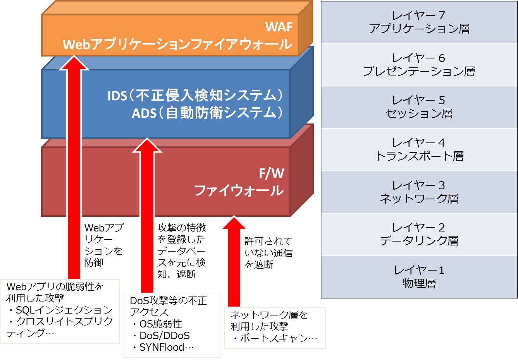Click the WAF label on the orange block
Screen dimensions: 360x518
pyautogui.click(x=279, y=27)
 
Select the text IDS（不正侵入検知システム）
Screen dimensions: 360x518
pyautogui.click(x=195, y=95)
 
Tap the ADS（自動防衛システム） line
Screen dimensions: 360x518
pyautogui.click(x=207, y=113)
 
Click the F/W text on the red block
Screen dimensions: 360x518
pyautogui.click(x=271, y=173)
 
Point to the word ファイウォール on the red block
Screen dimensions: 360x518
pyautogui.click(x=239, y=190)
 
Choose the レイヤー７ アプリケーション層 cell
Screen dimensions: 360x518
pyautogui.click(x=419, y=22)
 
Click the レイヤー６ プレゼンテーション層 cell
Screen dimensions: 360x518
pyautogui.click(x=419, y=65)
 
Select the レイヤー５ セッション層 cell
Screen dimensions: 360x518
pyautogui.click(x=419, y=107)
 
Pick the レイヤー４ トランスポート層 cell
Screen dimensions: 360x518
pyautogui.click(x=419, y=149)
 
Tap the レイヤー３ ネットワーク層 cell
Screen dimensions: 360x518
pyautogui.click(x=419, y=192)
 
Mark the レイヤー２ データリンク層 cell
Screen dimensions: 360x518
pyautogui.click(x=419, y=234)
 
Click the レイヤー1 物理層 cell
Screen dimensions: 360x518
pyautogui.click(x=419, y=277)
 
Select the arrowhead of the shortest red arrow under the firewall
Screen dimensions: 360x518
pyautogui.click(x=234, y=223)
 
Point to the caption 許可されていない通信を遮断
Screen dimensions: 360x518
pyautogui.click(x=268, y=253)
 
